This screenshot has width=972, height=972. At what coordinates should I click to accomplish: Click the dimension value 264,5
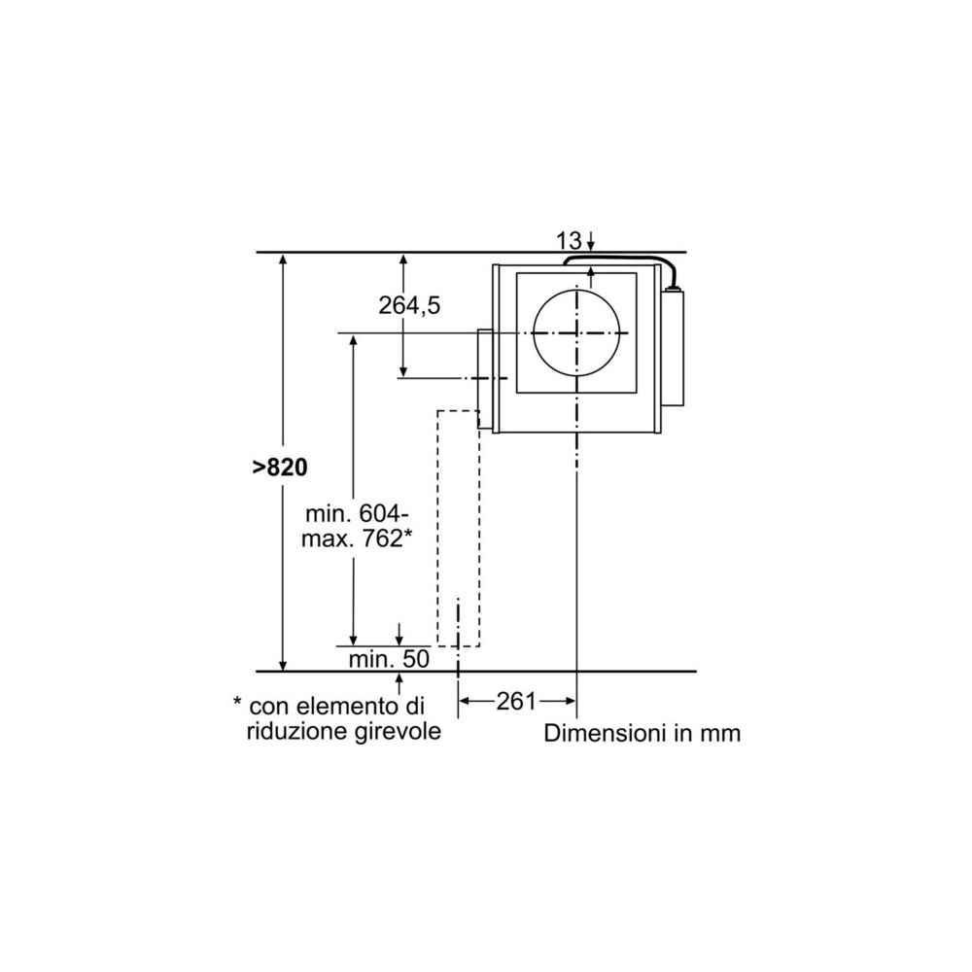[x=409, y=305]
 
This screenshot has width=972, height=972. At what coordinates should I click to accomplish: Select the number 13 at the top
[x=569, y=240]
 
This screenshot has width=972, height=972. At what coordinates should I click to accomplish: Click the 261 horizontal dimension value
[x=516, y=701]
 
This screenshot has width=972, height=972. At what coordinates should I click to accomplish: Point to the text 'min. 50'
[x=389, y=658]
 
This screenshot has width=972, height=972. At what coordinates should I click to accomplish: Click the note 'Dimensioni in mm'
[x=642, y=733]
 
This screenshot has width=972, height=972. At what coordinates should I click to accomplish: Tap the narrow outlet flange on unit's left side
[x=484, y=380]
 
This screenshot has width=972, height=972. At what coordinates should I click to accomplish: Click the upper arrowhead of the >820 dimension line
[x=283, y=260]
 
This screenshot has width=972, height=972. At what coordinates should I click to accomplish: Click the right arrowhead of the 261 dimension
[x=571, y=701]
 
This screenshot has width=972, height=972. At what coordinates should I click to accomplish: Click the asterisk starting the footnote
[x=236, y=703]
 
